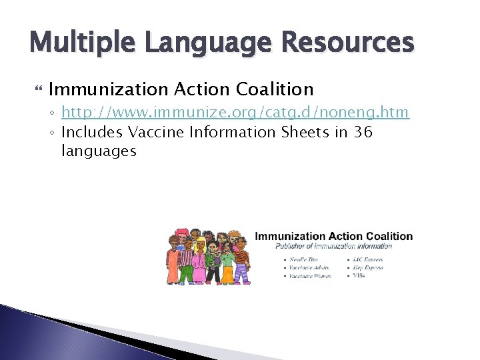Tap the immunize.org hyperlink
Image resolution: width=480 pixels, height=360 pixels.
click(235, 113)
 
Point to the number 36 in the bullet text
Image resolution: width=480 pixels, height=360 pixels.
click(363, 132)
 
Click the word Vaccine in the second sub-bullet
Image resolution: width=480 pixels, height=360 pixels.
click(155, 132)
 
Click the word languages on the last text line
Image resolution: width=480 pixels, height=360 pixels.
click(99, 151)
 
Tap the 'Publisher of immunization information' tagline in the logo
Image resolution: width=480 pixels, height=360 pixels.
click(334, 246)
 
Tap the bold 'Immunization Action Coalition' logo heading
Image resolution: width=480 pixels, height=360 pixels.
click(334, 236)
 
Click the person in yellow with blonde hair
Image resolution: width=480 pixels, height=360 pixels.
click(229, 260)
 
